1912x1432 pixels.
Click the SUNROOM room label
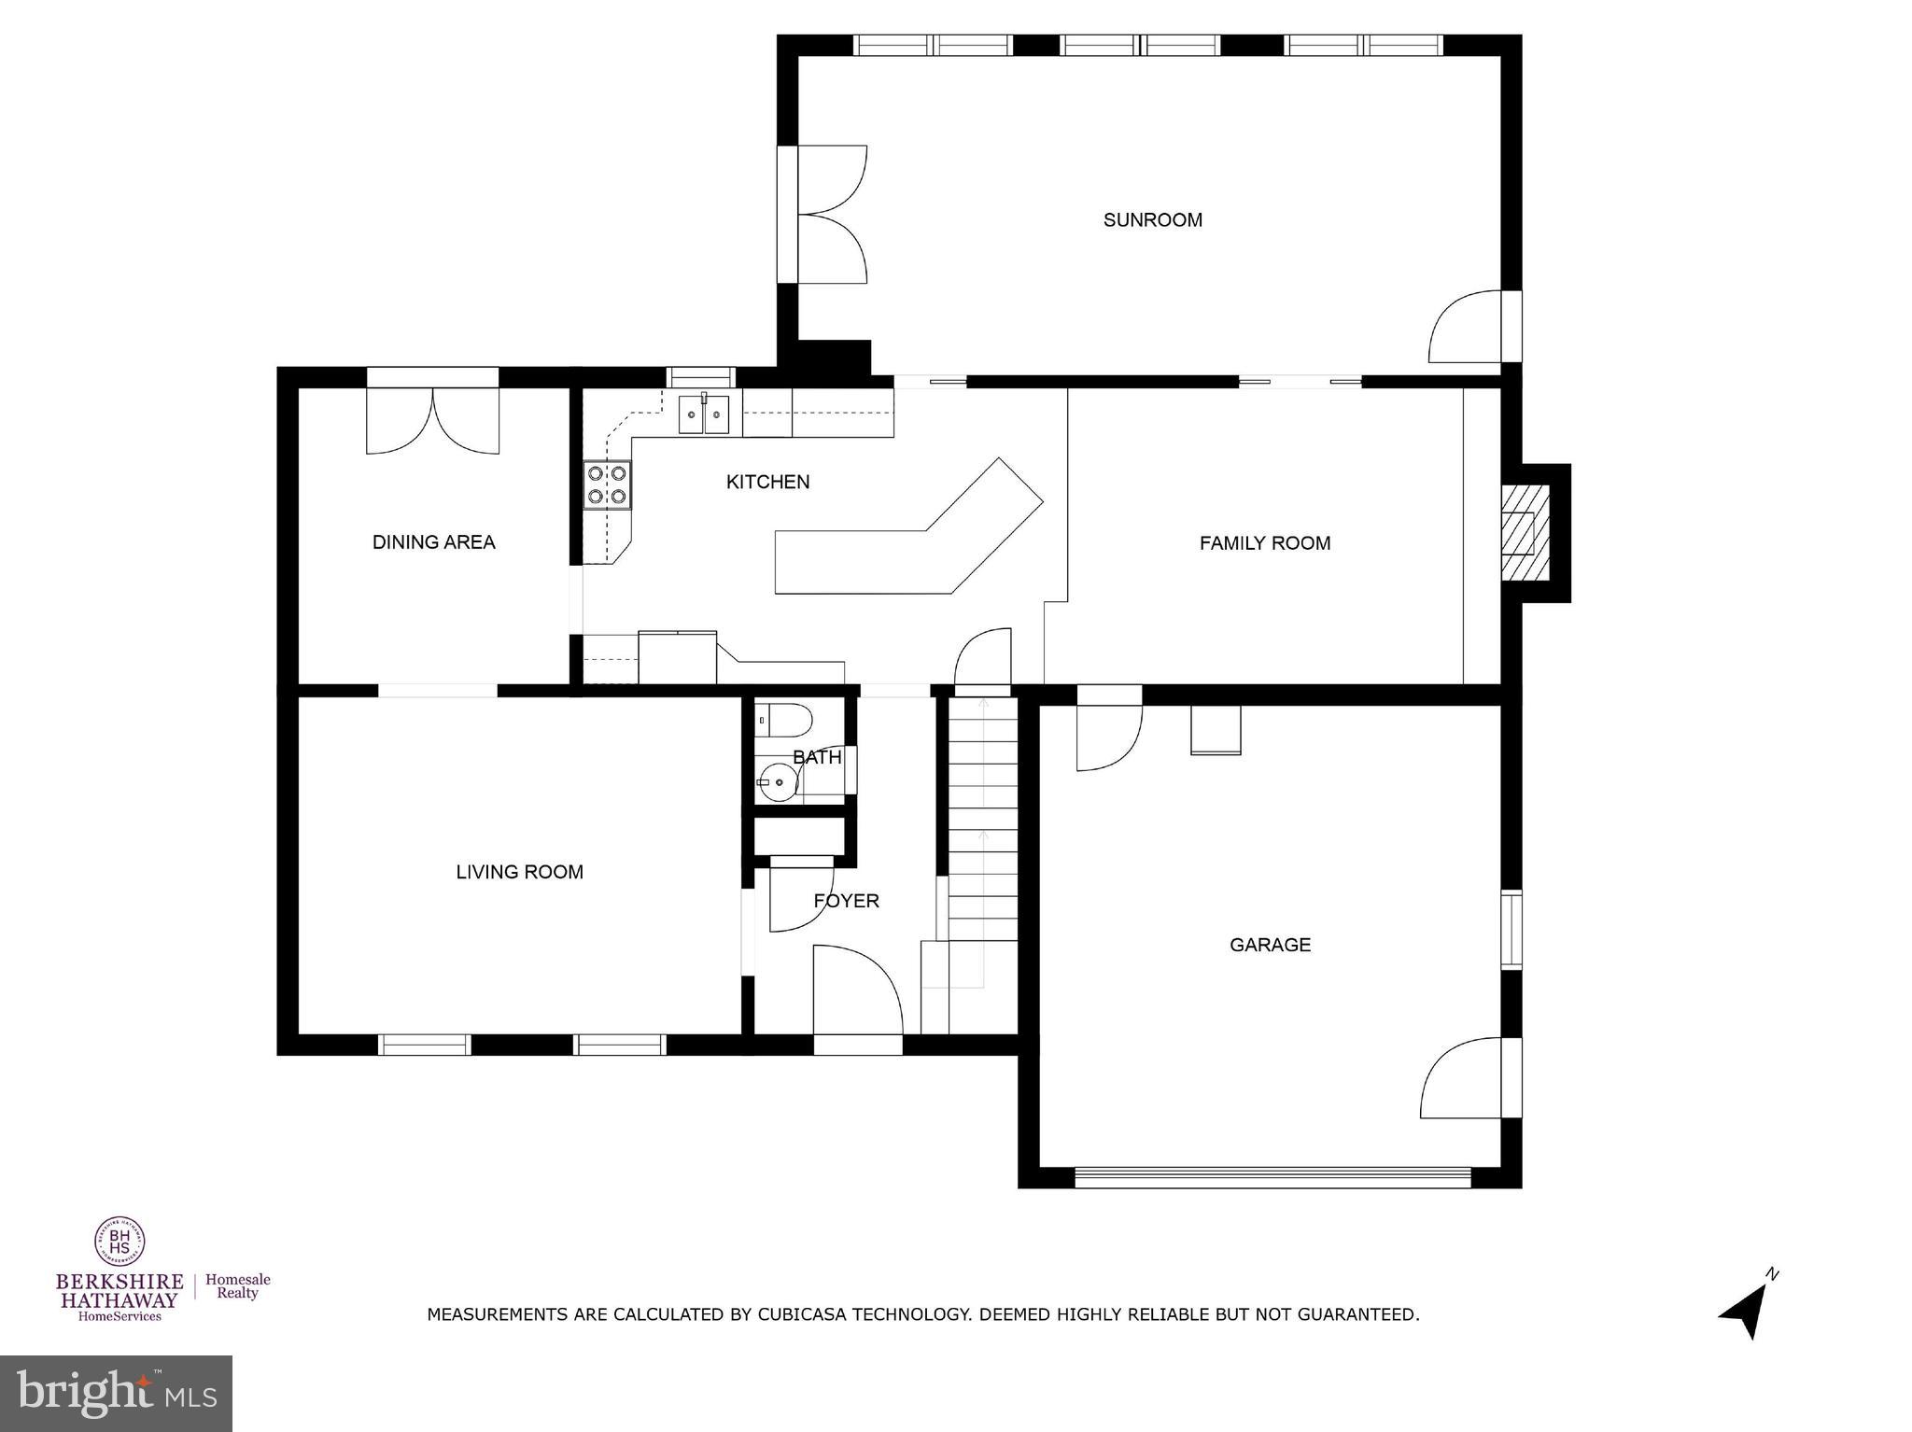point(1152,220)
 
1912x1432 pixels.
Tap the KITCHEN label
point(767,482)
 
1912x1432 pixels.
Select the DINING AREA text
point(433,542)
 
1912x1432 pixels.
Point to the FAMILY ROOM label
point(1264,543)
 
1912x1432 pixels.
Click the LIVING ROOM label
point(519,872)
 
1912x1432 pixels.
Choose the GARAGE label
point(1270,945)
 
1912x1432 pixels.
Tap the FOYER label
point(846,901)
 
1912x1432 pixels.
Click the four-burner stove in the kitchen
point(607,485)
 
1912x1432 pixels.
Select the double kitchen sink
point(704,414)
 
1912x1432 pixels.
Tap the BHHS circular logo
point(119,1242)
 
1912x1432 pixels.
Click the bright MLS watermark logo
point(116,1394)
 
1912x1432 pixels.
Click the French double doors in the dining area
point(432,420)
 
